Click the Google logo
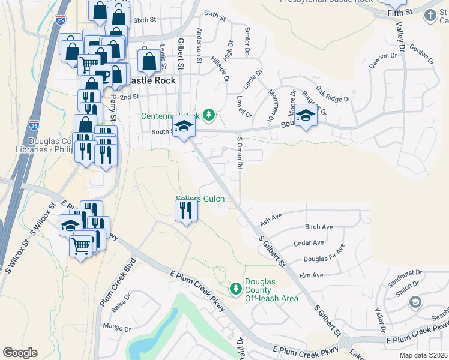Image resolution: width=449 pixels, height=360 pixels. [x=20, y=353]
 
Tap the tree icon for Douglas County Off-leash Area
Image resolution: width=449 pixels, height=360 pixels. [x=237, y=289]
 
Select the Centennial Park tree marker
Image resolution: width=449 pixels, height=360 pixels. [x=208, y=114]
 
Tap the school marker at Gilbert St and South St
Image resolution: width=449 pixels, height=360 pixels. [x=182, y=127]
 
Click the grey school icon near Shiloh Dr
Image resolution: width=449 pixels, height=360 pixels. [x=414, y=302]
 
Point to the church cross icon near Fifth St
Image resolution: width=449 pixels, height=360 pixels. [x=430, y=15]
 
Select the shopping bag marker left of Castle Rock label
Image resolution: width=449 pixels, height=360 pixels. [x=148, y=61]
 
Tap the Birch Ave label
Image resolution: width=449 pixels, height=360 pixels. [x=318, y=227]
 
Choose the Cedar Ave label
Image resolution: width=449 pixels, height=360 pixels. [x=309, y=243]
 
